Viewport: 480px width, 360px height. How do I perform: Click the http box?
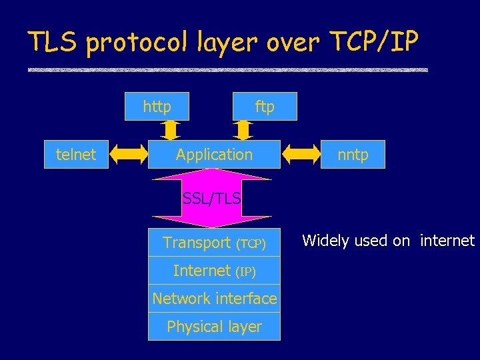(157, 107)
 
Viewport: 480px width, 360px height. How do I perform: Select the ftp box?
(265, 107)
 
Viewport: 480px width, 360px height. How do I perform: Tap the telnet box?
(76, 155)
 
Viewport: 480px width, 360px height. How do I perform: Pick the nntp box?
(353, 155)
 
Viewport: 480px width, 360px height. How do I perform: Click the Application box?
(214, 155)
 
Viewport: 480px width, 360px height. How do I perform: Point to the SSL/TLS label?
(212, 198)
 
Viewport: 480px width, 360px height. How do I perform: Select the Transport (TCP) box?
(214, 243)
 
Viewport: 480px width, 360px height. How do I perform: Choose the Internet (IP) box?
(214, 271)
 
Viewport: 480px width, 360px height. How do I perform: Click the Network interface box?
(214, 299)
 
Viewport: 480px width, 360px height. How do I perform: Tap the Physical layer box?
(214, 327)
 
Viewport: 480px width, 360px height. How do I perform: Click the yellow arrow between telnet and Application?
(128, 155)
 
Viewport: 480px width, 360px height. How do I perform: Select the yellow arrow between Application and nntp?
(301, 155)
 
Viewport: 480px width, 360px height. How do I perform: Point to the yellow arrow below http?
(169, 129)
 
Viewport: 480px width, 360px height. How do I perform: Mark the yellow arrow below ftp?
(243, 129)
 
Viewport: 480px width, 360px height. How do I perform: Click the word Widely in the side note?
(325, 241)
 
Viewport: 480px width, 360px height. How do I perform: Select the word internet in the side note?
(447, 241)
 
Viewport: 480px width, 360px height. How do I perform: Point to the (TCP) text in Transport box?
(251, 244)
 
